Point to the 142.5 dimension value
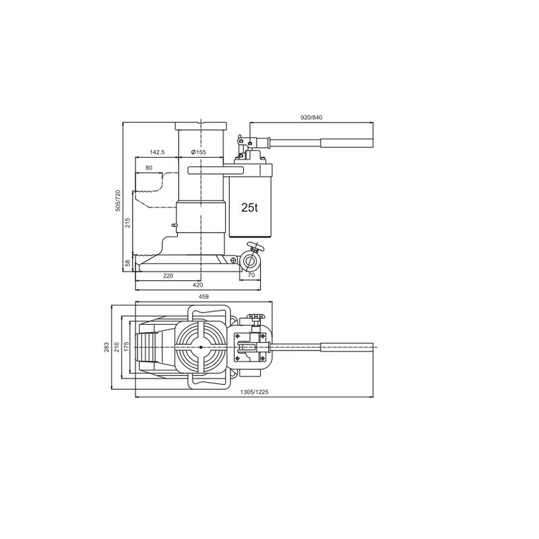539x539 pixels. point(158,152)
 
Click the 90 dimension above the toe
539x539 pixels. point(149,167)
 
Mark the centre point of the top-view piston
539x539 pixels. point(200,346)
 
